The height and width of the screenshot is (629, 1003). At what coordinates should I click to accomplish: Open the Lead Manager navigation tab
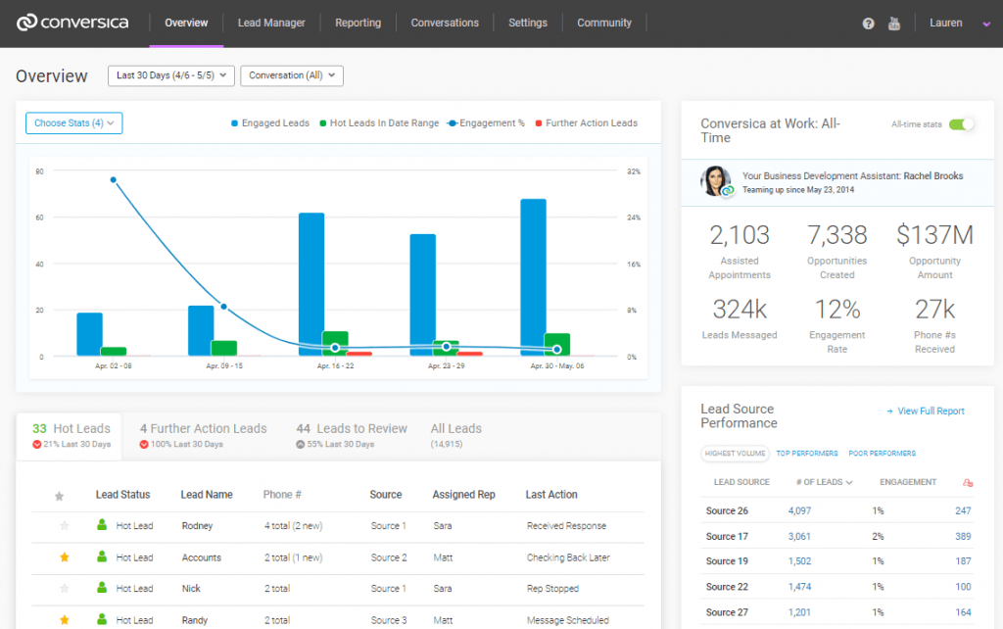[271, 23]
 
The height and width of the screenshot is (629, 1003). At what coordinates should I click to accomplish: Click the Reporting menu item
[358, 23]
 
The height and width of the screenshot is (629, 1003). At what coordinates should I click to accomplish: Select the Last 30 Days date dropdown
[170, 75]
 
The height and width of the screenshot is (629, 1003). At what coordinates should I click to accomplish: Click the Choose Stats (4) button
[74, 123]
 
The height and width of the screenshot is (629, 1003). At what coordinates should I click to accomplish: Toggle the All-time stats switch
[962, 124]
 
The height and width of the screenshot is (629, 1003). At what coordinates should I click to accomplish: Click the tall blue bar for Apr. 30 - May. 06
[534, 274]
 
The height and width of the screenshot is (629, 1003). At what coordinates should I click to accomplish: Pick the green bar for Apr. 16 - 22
[335, 343]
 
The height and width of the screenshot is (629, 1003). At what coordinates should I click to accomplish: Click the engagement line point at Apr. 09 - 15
[223, 307]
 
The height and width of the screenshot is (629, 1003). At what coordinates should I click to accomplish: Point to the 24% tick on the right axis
[633, 218]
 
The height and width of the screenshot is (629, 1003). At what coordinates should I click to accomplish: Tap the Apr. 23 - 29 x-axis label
[447, 365]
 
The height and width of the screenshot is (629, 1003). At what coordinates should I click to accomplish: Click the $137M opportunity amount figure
[934, 235]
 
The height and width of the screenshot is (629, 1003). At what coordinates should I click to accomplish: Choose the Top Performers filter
[807, 454]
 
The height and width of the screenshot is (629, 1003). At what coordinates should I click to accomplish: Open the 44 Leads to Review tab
[352, 429]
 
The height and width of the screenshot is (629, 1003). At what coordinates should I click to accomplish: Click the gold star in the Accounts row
[65, 557]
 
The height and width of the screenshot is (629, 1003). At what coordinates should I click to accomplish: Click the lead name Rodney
[197, 526]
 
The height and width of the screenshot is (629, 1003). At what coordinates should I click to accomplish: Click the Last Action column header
[551, 495]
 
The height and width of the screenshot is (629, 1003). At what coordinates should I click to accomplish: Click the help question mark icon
[868, 24]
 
